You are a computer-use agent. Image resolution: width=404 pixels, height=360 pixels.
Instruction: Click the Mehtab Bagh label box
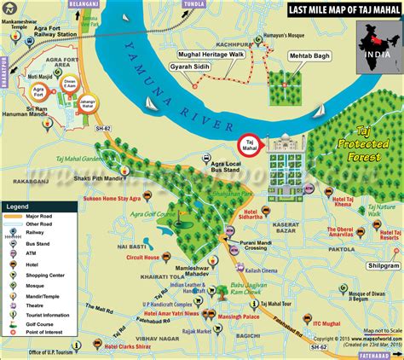(x=309, y=77)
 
